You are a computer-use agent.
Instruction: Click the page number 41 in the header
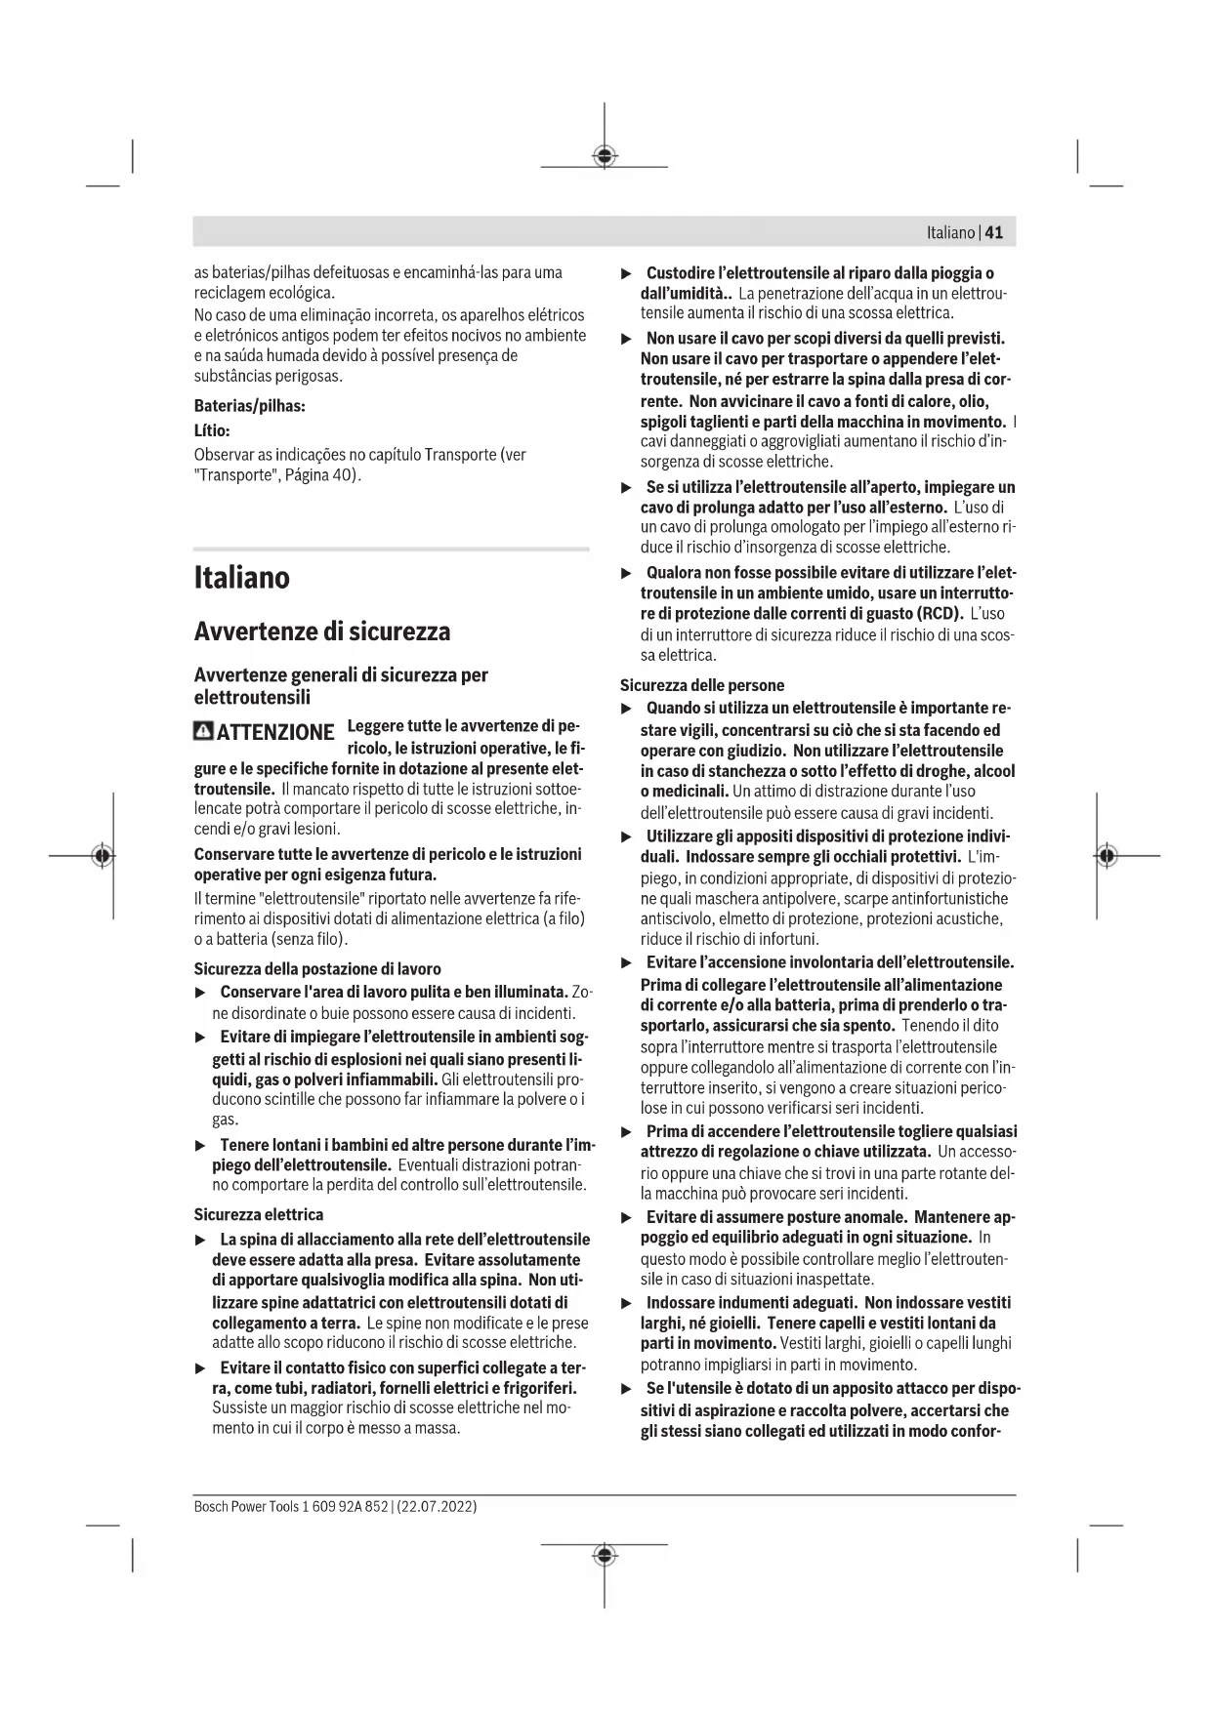click(x=994, y=232)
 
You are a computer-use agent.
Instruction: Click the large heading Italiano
click(x=242, y=577)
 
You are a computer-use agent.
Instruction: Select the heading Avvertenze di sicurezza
click(x=322, y=632)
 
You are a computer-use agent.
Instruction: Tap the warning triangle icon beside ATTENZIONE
click(x=204, y=731)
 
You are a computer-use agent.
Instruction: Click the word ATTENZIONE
click(x=275, y=732)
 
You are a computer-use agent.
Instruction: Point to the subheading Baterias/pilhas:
click(x=250, y=406)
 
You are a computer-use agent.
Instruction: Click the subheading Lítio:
click(x=212, y=430)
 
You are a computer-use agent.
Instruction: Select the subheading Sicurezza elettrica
click(x=259, y=1214)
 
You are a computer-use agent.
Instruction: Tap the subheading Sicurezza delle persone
click(x=702, y=685)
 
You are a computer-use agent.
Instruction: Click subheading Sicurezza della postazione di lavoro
click(x=317, y=968)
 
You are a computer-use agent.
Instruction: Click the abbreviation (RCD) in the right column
click(x=938, y=614)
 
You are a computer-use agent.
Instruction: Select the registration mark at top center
click(x=605, y=156)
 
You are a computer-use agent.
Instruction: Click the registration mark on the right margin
click(x=1106, y=856)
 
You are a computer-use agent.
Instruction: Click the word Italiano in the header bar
click(x=950, y=232)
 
